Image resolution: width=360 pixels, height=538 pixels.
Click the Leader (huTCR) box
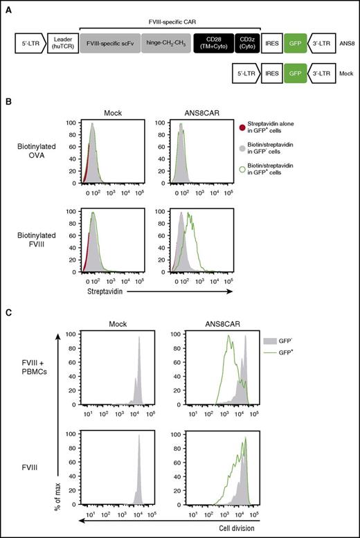pos(64,46)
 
